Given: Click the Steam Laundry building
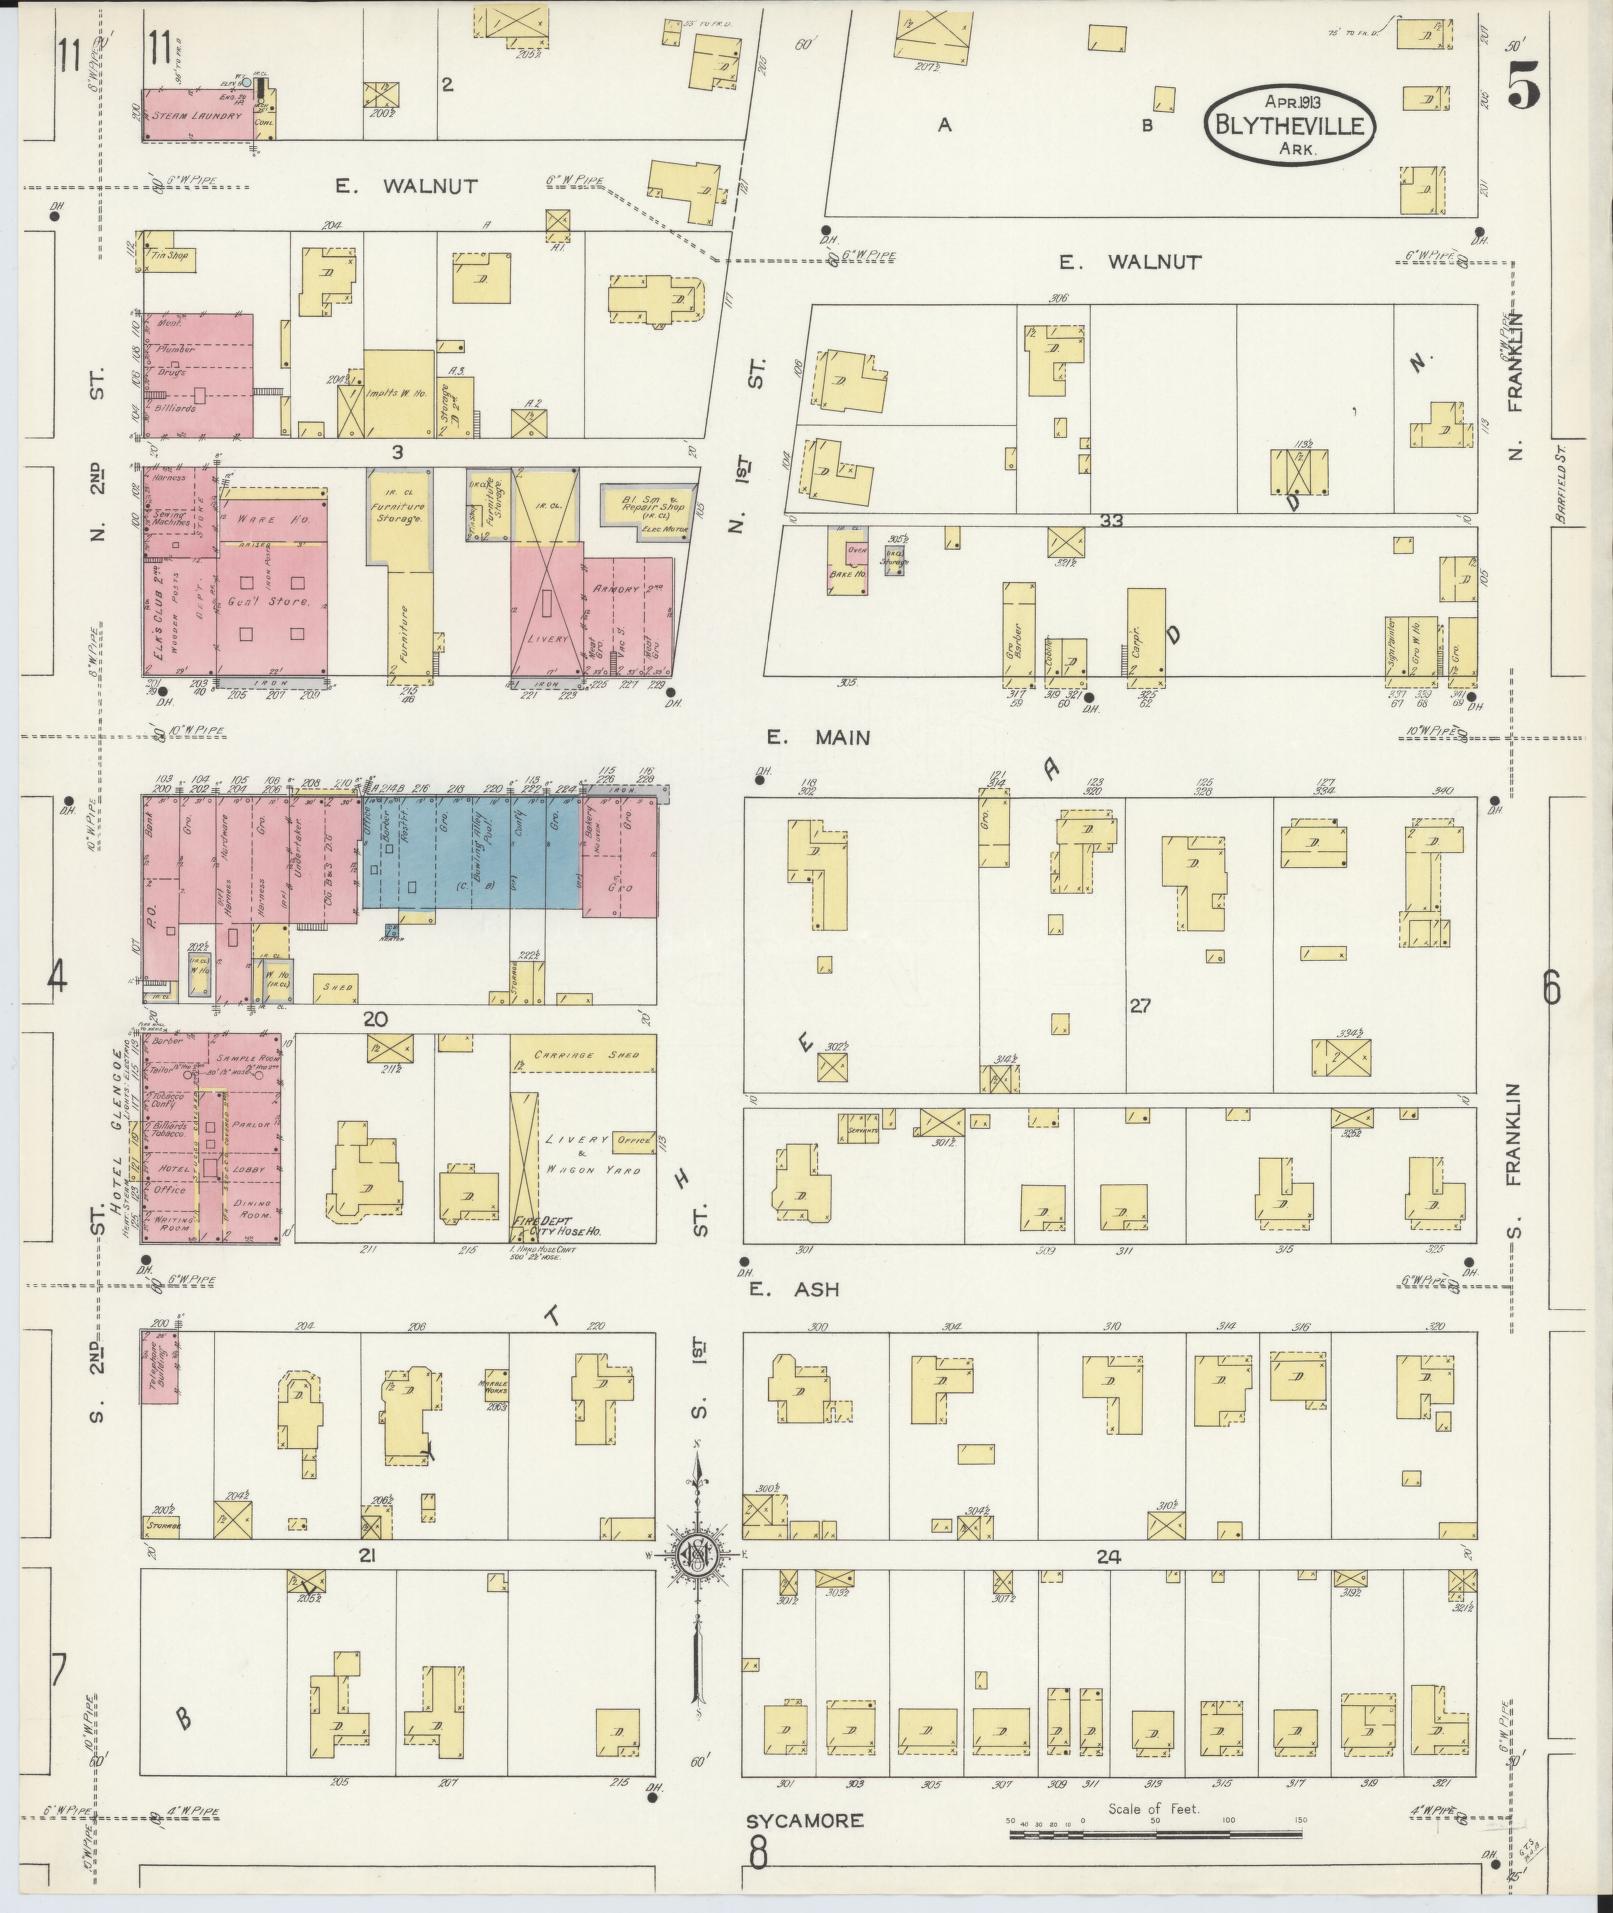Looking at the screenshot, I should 197,115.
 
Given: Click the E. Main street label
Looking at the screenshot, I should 818,738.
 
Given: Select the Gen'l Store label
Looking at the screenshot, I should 271,602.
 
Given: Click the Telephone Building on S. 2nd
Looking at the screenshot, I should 160,1368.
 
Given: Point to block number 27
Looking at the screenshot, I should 1140,1006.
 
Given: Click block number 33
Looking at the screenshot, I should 1111,520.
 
